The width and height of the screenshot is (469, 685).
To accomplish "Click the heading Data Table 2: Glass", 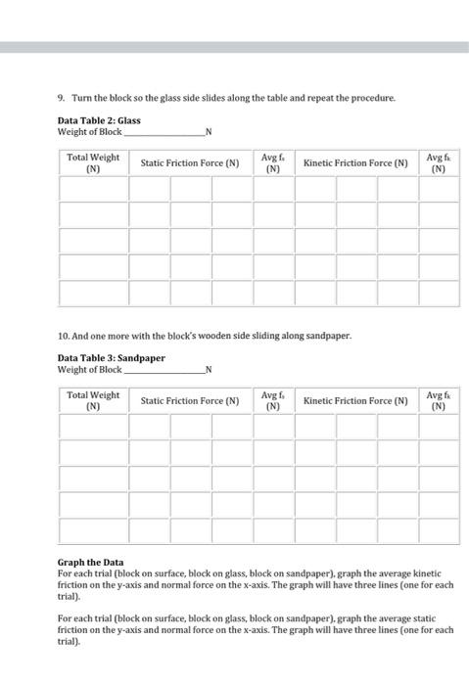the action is (x=99, y=120).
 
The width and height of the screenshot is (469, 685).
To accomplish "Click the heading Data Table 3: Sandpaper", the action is (x=111, y=358).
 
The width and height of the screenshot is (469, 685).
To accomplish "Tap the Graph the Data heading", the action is (x=91, y=563).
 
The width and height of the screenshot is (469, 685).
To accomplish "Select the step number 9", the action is (x=62, y=98).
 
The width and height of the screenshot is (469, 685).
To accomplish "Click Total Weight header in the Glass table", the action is (x=93, y=162).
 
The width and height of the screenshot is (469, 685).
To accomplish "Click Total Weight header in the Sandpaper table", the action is (x=93, y=400).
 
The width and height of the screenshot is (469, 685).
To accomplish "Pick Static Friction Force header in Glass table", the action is (x=190, y=163).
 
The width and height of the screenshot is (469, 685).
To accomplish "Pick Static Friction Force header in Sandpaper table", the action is (x=190, y=400).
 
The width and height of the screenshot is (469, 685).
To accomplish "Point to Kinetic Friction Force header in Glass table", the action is (x=355, y=163).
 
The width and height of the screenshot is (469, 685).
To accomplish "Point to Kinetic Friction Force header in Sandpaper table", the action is (x=355, y=400).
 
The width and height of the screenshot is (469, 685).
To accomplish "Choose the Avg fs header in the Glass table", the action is (x=273, y=162).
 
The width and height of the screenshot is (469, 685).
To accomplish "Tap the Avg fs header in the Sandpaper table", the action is (x=273, y=400).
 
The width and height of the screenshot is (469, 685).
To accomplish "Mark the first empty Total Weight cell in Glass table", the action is (x=93, y=188).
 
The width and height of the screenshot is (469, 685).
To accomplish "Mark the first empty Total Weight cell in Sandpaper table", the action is (x=93, y=427).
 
